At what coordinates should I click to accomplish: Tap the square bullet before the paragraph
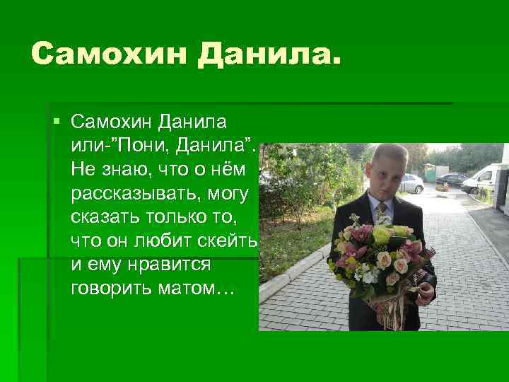(x=57, y=122)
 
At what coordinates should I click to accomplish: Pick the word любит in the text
(x=168, y=241)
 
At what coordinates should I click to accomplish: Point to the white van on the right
(x=484, y=178)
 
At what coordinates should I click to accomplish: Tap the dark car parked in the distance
(x=451, y=180)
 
